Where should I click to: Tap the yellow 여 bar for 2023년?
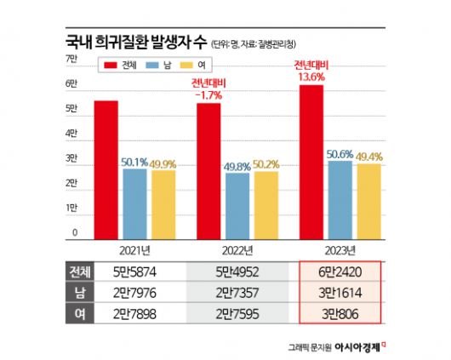pyautogui.click(x=368, y=200)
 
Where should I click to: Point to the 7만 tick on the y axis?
pyautogui.click(x=71, y=57)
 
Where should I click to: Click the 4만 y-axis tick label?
pyautogui.click(x=71, y=134)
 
